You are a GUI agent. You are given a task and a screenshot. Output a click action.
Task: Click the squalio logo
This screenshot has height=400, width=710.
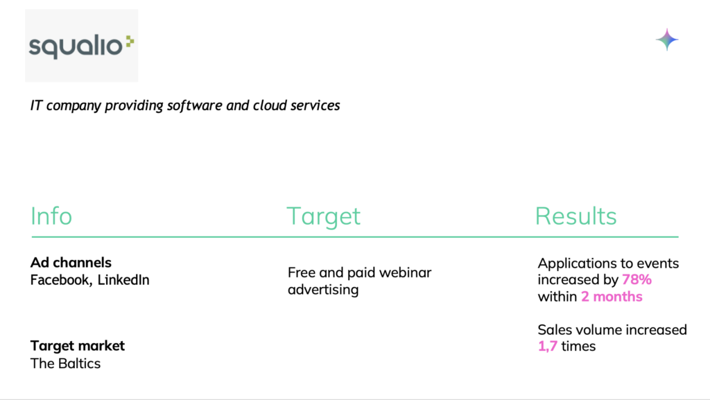pos(82,46)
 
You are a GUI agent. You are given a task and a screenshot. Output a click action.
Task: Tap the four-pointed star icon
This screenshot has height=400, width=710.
pos(667,40)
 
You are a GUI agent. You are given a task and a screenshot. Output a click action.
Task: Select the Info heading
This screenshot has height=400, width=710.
pos(51,216)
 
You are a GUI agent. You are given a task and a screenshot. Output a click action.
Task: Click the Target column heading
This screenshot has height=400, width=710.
pos(323,217)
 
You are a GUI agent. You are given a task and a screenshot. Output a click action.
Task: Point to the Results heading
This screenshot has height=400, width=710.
pos(576,216)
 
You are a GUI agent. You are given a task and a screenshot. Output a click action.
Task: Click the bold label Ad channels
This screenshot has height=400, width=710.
pos(71,263)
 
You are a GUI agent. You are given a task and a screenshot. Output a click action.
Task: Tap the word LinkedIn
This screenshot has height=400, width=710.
pos(123,280)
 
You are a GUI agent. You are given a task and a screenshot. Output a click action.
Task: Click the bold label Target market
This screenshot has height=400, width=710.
pos(78,346)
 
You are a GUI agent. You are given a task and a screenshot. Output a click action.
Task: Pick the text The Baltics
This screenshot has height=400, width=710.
pos(65,363)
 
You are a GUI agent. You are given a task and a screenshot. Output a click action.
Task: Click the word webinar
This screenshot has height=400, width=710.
pos(405,272)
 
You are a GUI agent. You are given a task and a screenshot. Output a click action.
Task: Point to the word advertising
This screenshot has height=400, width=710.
pos(323,290)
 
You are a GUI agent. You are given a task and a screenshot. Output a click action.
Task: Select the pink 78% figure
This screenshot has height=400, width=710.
pos(637,279)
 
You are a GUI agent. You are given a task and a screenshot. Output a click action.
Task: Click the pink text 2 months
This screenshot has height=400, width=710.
pos(612,297)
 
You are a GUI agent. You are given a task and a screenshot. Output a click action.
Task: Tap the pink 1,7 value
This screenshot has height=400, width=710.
pos(548,346)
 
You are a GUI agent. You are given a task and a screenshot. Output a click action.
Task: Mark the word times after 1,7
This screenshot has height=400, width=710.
pos(578,346)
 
